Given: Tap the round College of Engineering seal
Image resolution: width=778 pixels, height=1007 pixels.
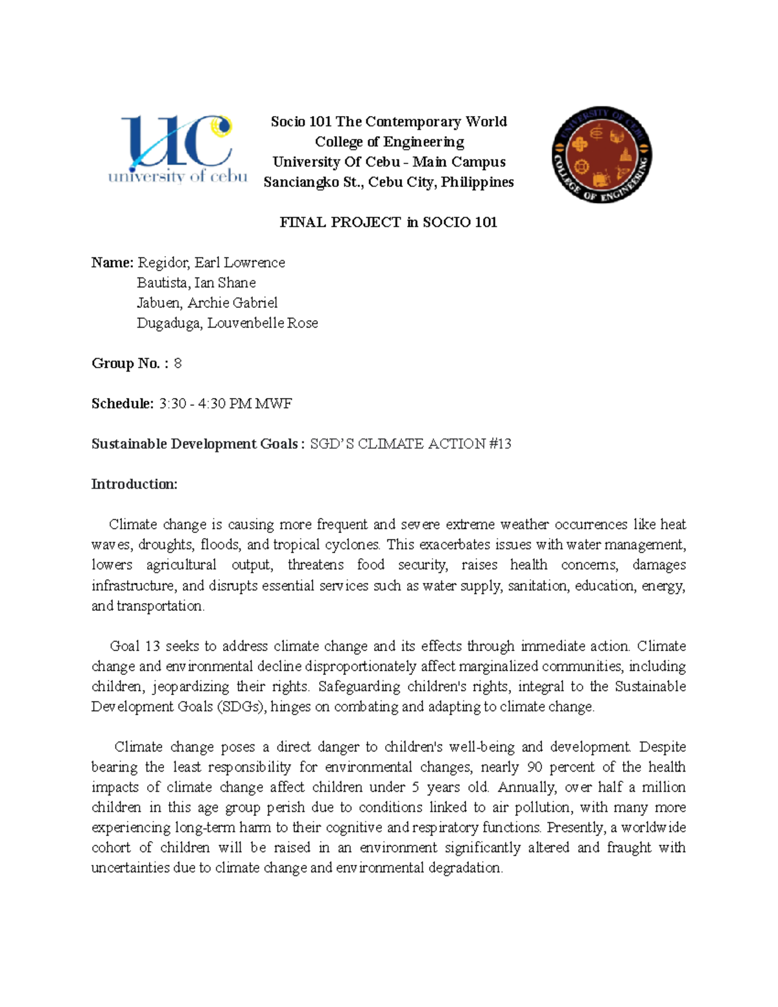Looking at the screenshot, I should (601, 154).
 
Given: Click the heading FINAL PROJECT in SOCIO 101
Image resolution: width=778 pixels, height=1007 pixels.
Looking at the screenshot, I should (388, 222).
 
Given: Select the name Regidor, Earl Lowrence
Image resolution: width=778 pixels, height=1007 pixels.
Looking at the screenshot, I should (211, 263).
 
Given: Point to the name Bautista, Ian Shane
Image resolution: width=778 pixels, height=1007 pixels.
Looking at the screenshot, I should (196, 283).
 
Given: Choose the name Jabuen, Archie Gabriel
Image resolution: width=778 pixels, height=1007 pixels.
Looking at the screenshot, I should (207, 303).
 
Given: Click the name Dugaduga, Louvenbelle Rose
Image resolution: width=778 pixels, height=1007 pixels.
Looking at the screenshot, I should (227, 323).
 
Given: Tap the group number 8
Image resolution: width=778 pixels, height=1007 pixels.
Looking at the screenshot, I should (178, 363).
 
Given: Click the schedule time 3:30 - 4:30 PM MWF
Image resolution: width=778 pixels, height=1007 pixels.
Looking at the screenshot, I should (225, 403).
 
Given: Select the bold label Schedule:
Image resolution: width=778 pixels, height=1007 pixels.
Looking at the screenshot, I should (123, 403).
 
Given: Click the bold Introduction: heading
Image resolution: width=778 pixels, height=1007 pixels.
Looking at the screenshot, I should (134, 484).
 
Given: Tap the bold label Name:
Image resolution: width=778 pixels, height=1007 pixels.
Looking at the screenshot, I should (112, 263).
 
